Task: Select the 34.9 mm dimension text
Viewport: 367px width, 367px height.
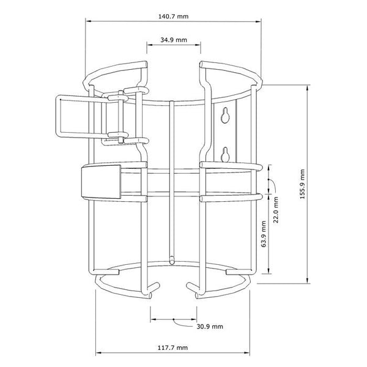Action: coord(174,39)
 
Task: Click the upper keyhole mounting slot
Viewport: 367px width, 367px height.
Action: coord(226,114)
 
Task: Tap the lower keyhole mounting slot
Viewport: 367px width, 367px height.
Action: coord(225,154)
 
